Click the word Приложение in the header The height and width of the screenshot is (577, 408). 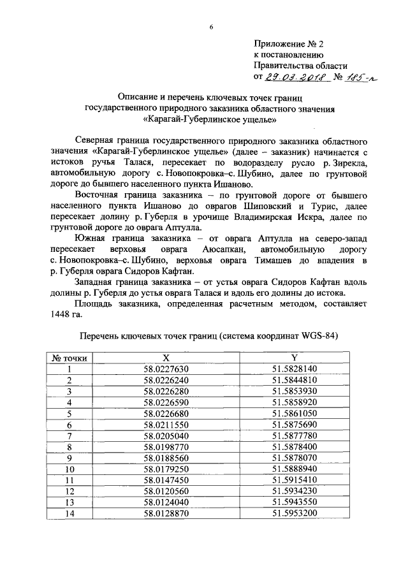pyautogui.click(x=278, y=44)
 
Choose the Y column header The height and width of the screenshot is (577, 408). pyautogui.click(x=295, y=358)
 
